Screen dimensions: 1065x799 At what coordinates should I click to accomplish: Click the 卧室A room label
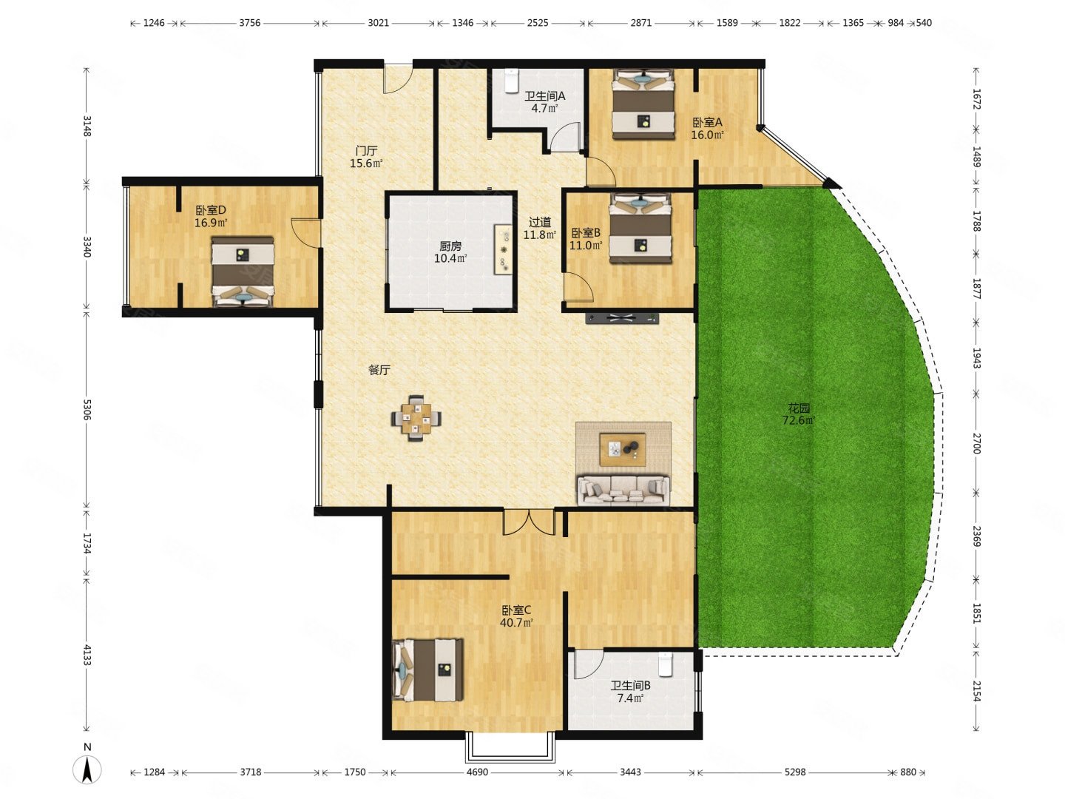click(706, 122)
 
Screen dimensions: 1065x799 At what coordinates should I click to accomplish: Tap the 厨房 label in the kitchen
click(450, 246)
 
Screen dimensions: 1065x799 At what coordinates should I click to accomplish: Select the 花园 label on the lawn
click(799, 408)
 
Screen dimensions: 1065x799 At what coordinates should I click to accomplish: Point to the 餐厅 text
click(379, 370)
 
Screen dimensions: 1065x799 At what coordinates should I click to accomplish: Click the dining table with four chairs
click(416, 418)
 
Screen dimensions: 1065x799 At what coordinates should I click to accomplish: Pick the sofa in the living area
click(623, 490)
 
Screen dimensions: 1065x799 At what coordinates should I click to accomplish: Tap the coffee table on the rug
click(623, 449)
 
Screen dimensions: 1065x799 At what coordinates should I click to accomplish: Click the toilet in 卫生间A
click(511, 81)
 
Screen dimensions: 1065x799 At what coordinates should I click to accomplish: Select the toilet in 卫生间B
click(665, 664)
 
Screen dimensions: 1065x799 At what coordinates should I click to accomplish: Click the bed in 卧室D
click(243, 272)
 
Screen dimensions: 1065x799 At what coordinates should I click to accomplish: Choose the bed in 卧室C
click(427, 670)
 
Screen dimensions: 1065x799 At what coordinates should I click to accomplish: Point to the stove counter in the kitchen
click(503, 249)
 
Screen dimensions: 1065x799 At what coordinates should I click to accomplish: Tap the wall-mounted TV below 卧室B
click(622, 319)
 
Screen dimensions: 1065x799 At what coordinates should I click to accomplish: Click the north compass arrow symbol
click(87, 769)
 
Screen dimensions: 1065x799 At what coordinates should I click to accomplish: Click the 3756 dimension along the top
click(249, 23)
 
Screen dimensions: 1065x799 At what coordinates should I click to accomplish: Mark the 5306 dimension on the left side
click(87, 409)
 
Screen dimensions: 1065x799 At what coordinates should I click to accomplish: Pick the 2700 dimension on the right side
click(977, 443)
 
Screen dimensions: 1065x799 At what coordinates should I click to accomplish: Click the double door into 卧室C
click(528, 522)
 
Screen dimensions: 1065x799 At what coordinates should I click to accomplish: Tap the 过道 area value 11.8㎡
click(540, 235)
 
